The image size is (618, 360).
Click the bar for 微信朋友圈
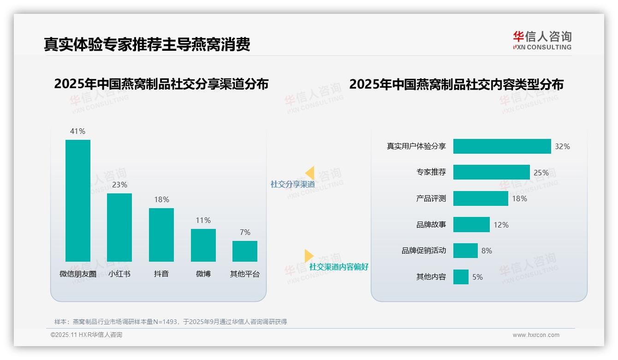click(x=78, y=201)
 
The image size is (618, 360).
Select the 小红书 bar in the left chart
click(x=119, y=228)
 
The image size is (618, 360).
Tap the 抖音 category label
click(x=161, y=274)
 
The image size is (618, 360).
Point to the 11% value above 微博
click(x=203, y=220)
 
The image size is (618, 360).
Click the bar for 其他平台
click(x=245, y=251)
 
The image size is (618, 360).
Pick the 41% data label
click(x=77, y=131)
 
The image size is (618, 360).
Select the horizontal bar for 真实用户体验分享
click(x=502, y=146)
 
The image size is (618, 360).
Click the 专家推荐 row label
click(x=431, y=172)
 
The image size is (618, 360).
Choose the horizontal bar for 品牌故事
click(x=471, y=225)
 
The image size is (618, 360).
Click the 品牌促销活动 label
click(x=424, y=251)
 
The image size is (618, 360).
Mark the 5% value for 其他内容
click(x=477, y=277)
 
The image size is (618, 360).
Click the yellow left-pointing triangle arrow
click(x=310, y=173)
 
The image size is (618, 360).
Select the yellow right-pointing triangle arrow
click(x=309, y=256)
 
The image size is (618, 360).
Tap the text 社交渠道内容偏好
click(x=339, y=267)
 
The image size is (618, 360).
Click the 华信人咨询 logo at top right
click(x=542, y=40)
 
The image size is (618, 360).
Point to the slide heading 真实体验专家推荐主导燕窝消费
click(x=147, y=44)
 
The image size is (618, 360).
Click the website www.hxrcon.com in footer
click(x=536, y=335)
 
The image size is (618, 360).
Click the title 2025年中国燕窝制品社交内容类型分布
click(x=456, y=84)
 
